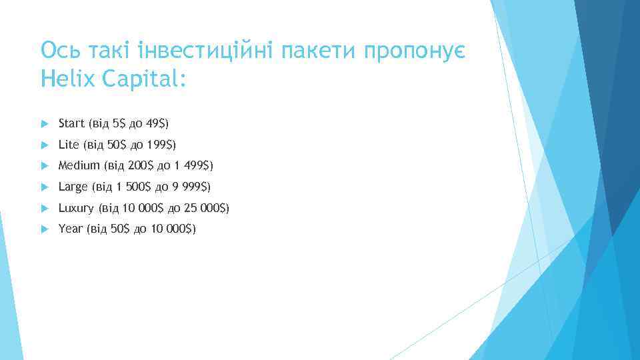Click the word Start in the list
click(71, 123)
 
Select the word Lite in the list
click(69, 144)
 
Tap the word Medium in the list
click(79, 165)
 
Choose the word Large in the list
click(73, 187)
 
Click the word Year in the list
click(71, 229)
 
